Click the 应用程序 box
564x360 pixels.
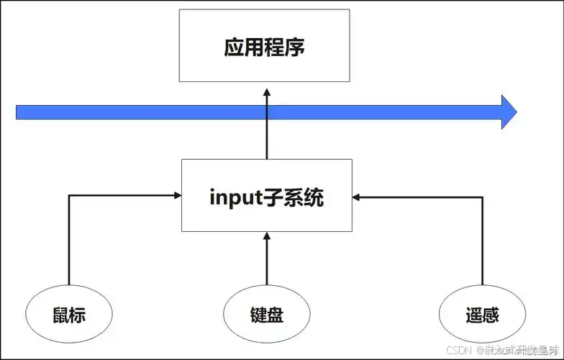coord(264,45)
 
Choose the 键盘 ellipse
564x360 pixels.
coord(266,315)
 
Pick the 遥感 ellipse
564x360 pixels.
coord(481,315)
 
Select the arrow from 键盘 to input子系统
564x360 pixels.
coord(266,259)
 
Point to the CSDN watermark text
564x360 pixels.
coord(458,350)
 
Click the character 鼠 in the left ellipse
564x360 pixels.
coord(60,315)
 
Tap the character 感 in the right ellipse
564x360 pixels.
coord(491,315)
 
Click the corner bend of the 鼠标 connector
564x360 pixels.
coord(69,194)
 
